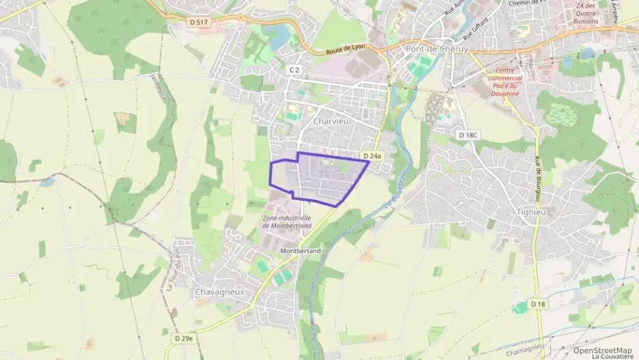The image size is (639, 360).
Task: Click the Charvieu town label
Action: [331, 121]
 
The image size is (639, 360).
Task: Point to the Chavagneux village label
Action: [219, 292]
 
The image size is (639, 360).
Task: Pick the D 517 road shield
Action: [197, 23]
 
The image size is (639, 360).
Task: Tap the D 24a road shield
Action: [373, 156]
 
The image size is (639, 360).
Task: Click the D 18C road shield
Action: [468, 135]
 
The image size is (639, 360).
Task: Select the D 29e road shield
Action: [184, 338]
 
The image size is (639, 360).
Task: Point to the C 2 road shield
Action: [294, 70]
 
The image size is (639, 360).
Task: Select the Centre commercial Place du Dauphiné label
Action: [505, 82]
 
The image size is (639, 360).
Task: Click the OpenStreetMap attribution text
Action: [602, 350]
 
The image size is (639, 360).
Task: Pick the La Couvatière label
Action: [612, 357]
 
